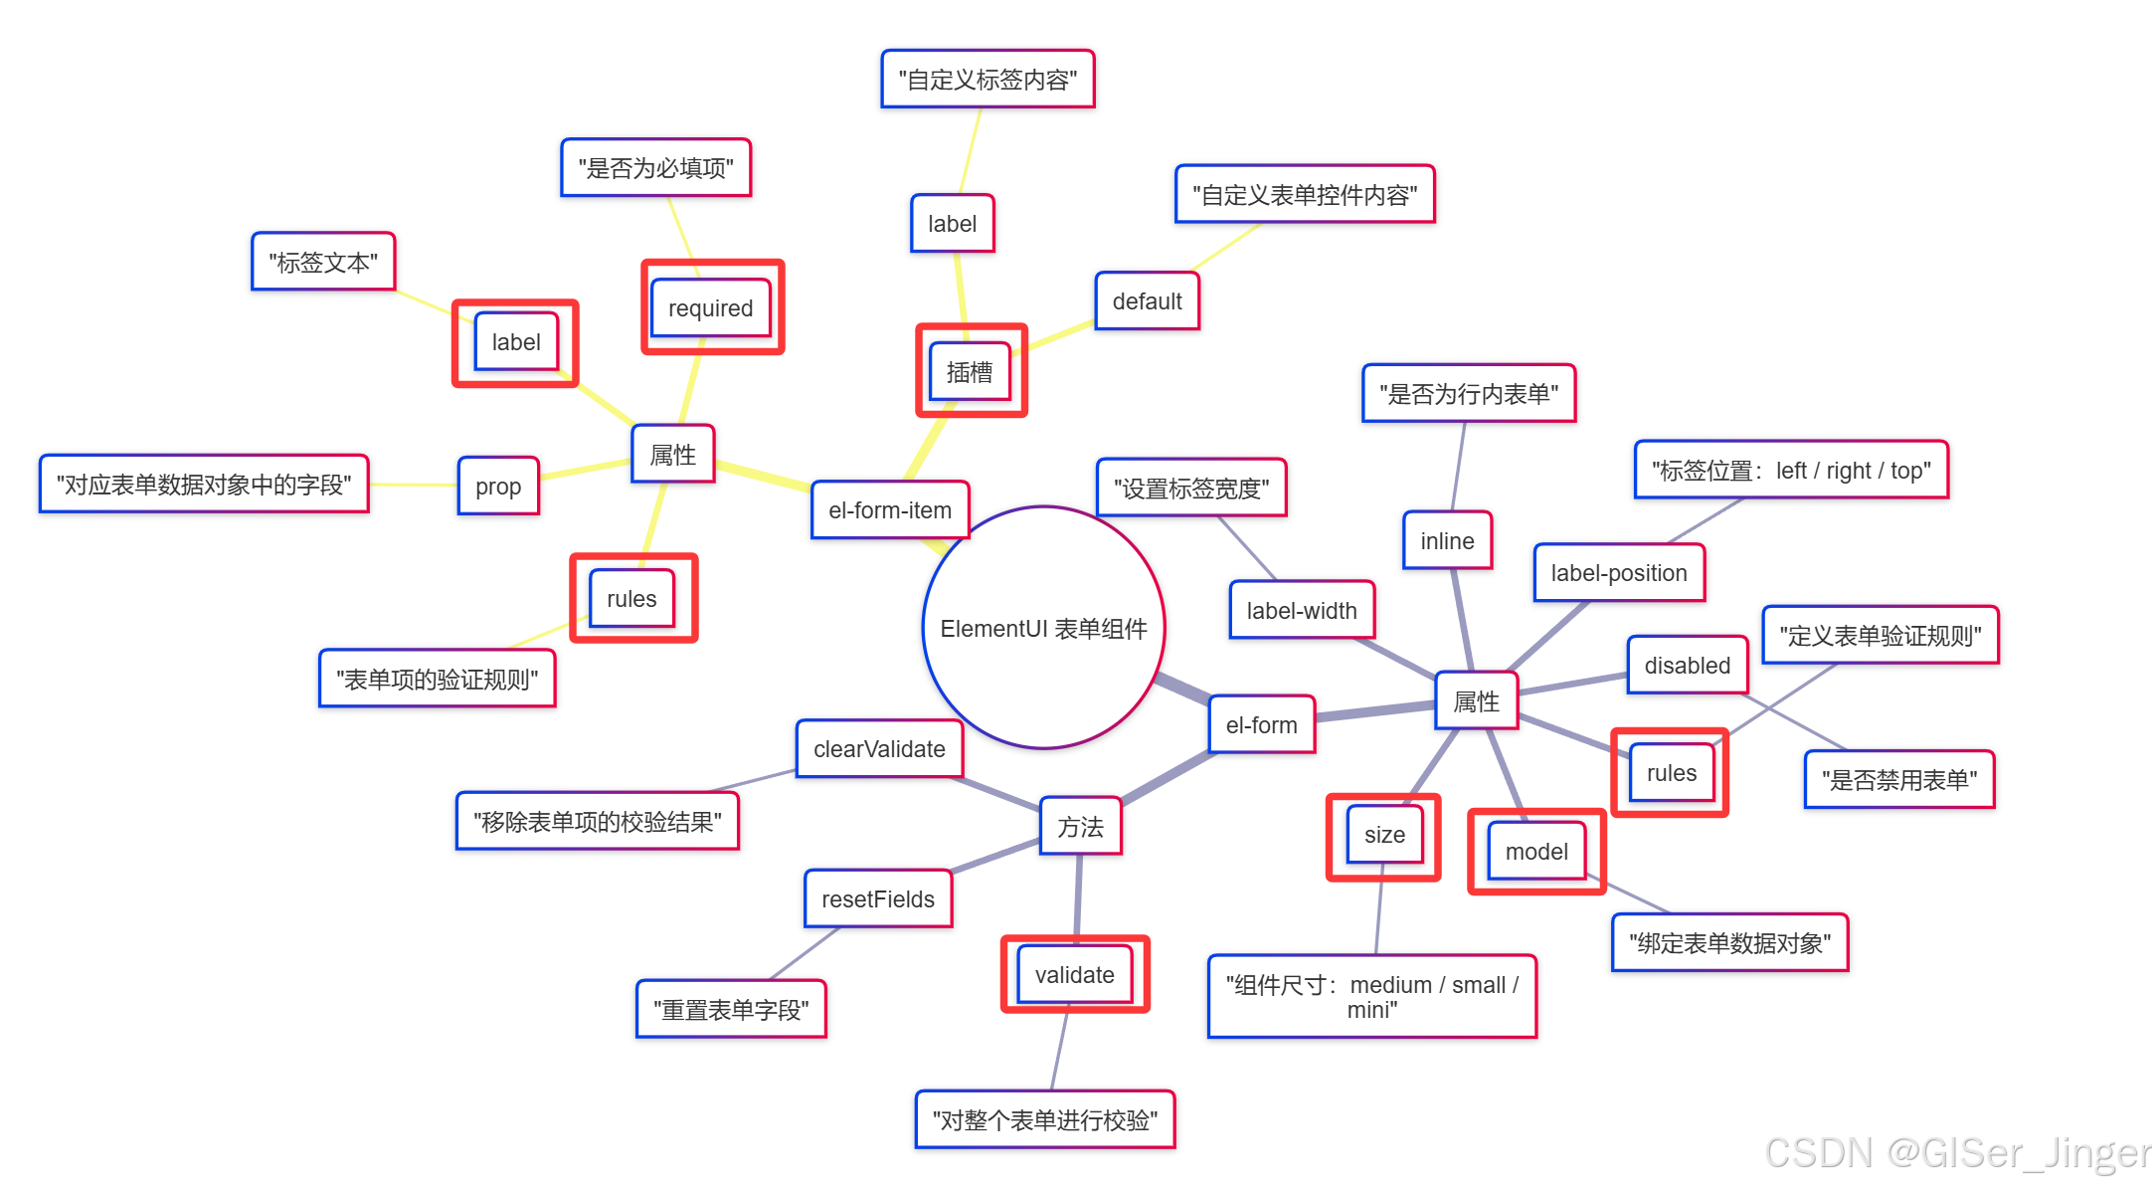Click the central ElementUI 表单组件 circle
(x=1043, y=628)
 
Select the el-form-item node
(x=890, y=510)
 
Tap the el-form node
(x=1261, y=725)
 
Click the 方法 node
(x=1080, y=827)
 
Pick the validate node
(x=1074, y=975)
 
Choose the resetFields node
(x=878, y=899)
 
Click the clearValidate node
(x=879, y=749)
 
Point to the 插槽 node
(x=970, y=372)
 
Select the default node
(x=1147, y=301)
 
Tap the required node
(x=710, y=308)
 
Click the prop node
(x=498, y=487)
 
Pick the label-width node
(x=1302, y=611)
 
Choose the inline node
(x=1447, y=541)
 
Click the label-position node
(x=1619, y=573)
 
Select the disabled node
(x=1687, y=666)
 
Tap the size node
(x=1384, y=835)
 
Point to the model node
(x=1536, y=852)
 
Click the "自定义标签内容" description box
(x=988, y=80)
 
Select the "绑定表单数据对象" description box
(x=1729, y=943)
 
